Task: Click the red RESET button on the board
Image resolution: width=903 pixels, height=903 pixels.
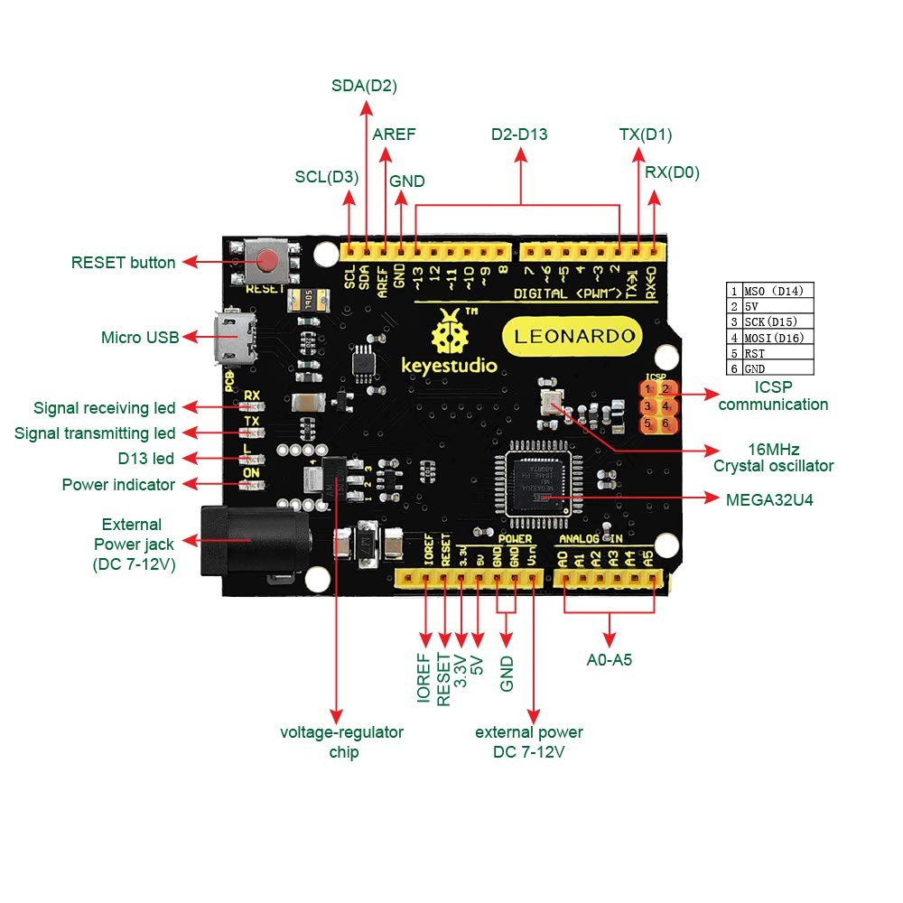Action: click(x=268, y=261)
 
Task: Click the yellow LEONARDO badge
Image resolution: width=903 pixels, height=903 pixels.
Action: click(x=574, y=337)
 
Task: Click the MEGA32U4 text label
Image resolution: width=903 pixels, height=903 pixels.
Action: click(x=768, y=498)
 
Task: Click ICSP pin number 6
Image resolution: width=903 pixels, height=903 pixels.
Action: click(x=666, y=424)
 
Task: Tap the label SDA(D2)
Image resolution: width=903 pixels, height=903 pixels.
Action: click(x=365, y=87)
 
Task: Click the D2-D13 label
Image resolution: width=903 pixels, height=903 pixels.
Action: click(x=519, y=135)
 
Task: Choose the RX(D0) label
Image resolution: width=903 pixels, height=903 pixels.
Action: click(x=672, y=172)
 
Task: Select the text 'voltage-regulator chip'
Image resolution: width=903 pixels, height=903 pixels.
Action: click(x=341, y=741)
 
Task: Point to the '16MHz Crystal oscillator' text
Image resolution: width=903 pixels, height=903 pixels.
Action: click(x=773, y=457)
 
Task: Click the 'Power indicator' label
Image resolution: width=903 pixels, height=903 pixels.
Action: click(x=118, y=485)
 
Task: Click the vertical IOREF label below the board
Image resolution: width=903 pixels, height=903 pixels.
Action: click(x=424, y=678)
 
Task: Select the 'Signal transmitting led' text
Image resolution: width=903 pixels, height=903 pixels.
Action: click(x=95, y=433)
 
